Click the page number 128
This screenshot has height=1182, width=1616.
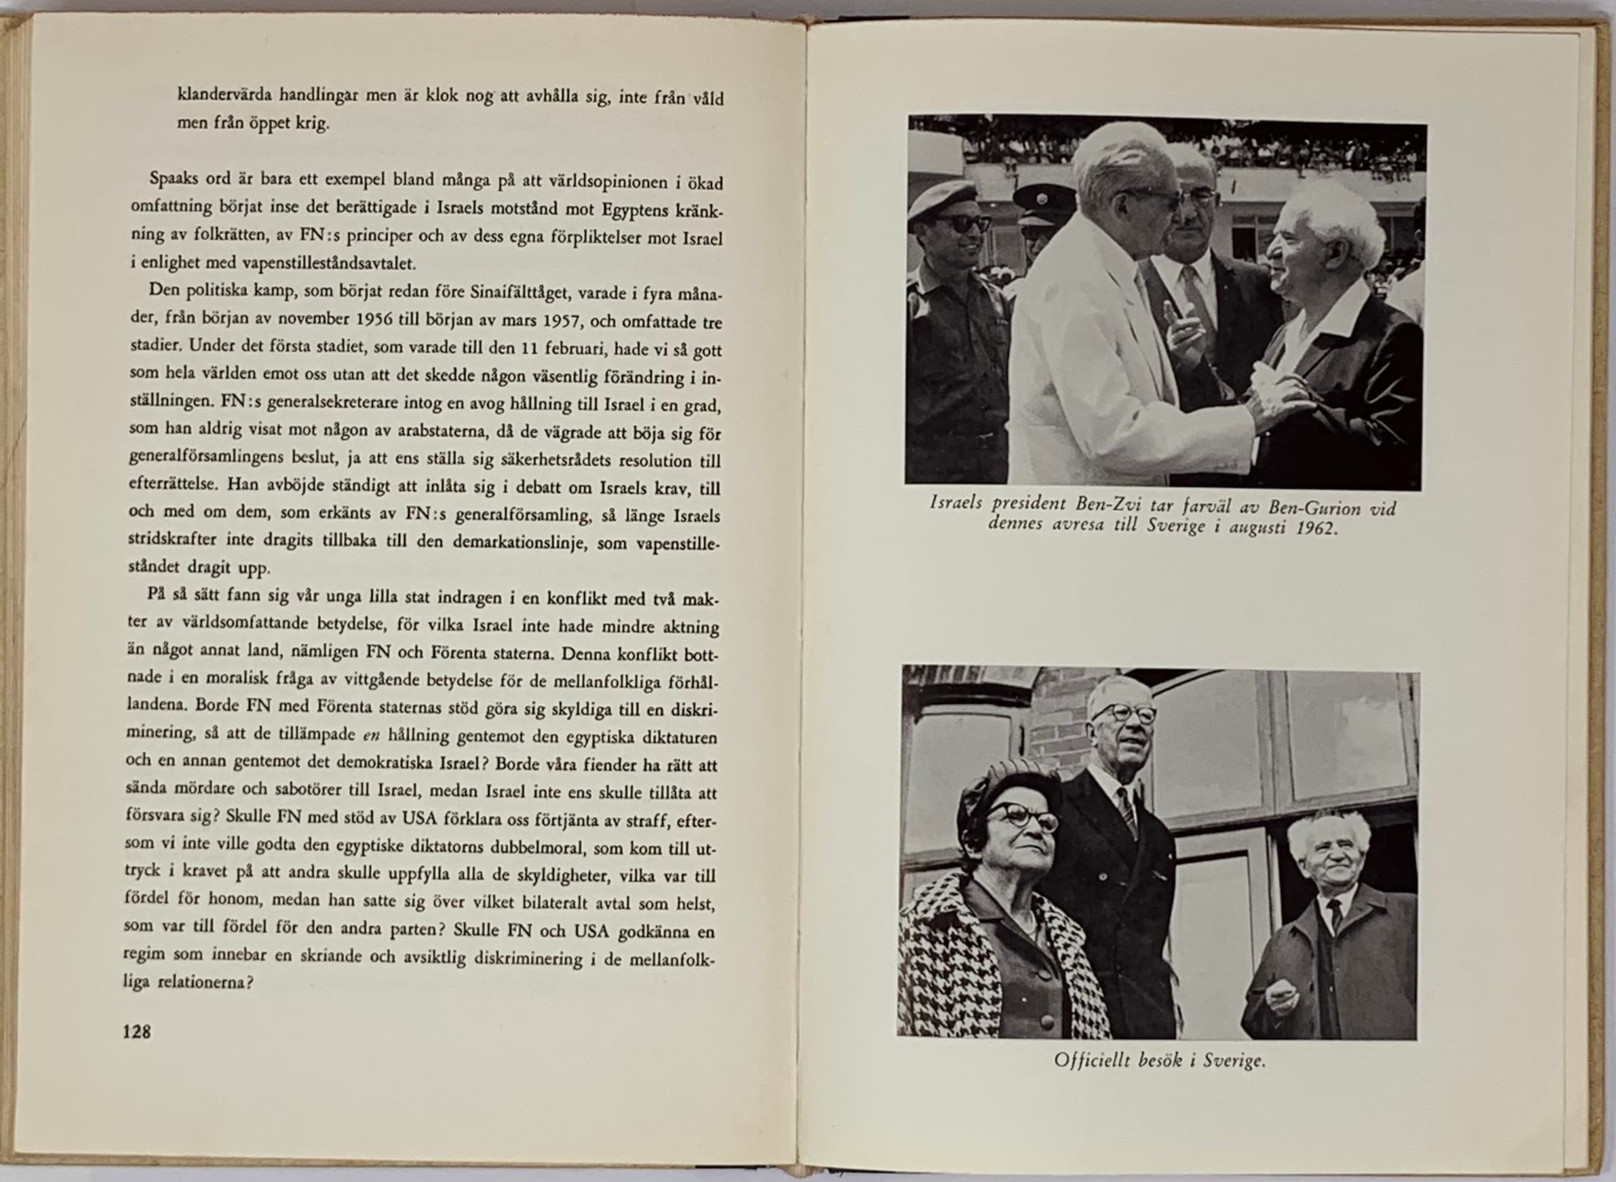click(x=136, y=1032)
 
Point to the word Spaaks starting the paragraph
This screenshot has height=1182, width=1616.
click(x=174, y=179)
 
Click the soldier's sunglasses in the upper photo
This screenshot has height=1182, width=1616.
click(x=960, y=224)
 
